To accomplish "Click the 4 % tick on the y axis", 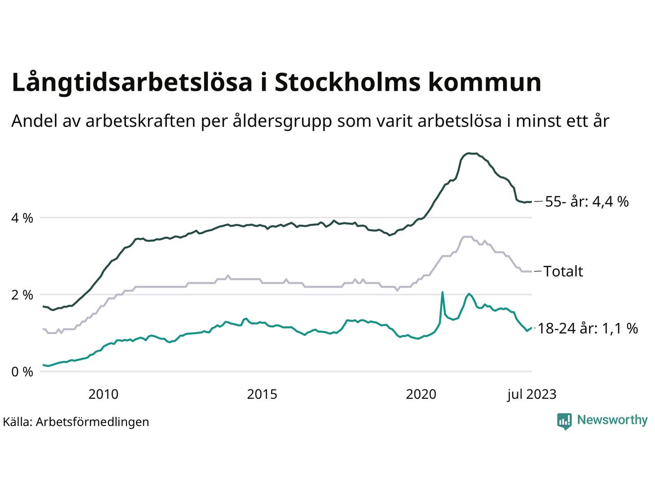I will tap(22, 218).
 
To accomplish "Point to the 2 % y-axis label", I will tap(22, 295).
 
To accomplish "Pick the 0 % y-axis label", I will tap(22, 372).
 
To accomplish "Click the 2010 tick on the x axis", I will tap(103, 395).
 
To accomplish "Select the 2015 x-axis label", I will tap(262, 395).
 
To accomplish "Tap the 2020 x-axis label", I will tap(421, 395).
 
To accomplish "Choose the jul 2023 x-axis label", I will tap(531, 395).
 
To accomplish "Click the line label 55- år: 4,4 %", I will tap(586, 202).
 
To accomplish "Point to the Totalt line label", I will tap(563, 271).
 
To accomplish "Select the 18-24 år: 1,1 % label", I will tap(588, 329).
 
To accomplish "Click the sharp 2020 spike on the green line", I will tap(442, 293).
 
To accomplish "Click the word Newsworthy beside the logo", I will tap(612, 420).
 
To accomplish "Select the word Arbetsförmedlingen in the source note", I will tap(93, 422).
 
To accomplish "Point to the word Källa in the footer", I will tap(18, 422).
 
